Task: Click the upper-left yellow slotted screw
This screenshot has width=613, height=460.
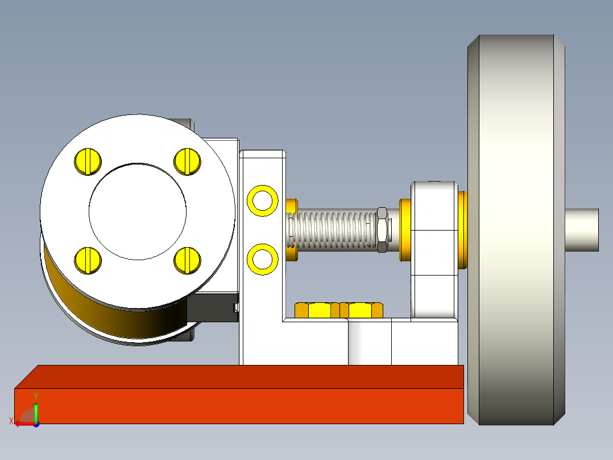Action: [x=88, y=161]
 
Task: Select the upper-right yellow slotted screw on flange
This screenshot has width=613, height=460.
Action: [x=188, y=161]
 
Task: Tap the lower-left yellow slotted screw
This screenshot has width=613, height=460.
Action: [x=88, y=260]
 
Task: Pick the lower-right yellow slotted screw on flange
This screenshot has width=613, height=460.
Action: [x=188, y=260]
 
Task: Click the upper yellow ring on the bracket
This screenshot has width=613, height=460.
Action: [x=263, y=200]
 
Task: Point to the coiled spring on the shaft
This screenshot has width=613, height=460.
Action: [x=333, y=230]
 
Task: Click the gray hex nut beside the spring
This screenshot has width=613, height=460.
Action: [x=382, y=230]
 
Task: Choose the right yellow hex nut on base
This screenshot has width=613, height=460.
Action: [x=362, y=310]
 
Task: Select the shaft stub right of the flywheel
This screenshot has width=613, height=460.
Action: [x=582, y=230]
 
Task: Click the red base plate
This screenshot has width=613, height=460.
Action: [x=239, y=405]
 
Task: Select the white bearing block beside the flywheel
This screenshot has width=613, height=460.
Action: [x=434, y=250]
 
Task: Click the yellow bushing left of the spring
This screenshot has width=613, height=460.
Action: [x=292, y=230]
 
